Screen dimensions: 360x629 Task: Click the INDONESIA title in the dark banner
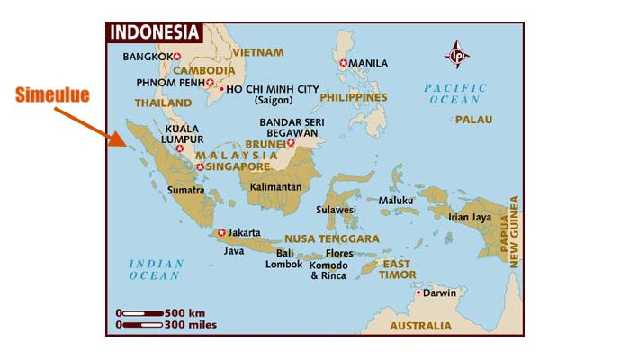[x=154, y=32]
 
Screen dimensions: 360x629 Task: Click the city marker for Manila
[x=343, y=63]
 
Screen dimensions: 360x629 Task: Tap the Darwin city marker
[x=418, y=292]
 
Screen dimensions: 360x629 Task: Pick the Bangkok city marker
[x=177, y=57]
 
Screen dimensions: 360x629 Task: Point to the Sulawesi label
[x=336, y=210]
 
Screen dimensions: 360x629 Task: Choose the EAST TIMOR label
[x=397, y=269]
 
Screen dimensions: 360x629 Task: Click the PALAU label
[x=467, y=119]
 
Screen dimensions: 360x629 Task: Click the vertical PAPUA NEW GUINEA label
[x=515, y=231]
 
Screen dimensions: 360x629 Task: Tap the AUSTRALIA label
[x=421, y=326]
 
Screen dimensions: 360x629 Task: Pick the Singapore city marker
[x=200, y=166]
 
